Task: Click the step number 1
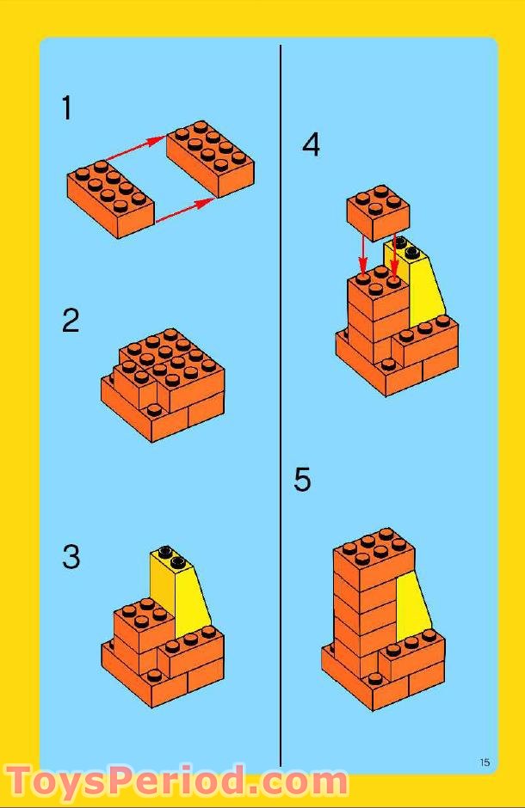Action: point(66,109)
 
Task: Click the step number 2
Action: point(71,321)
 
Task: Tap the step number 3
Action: point(71,557)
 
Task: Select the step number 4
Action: point(311,144)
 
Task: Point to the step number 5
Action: point(302,480)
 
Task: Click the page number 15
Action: point(485,762)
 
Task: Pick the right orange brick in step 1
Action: point(210,160)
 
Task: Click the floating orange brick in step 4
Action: point(378,211)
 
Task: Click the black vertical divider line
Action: point(281,404)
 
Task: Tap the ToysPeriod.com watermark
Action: point(177,780)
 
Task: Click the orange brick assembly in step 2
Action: point(164,383)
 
